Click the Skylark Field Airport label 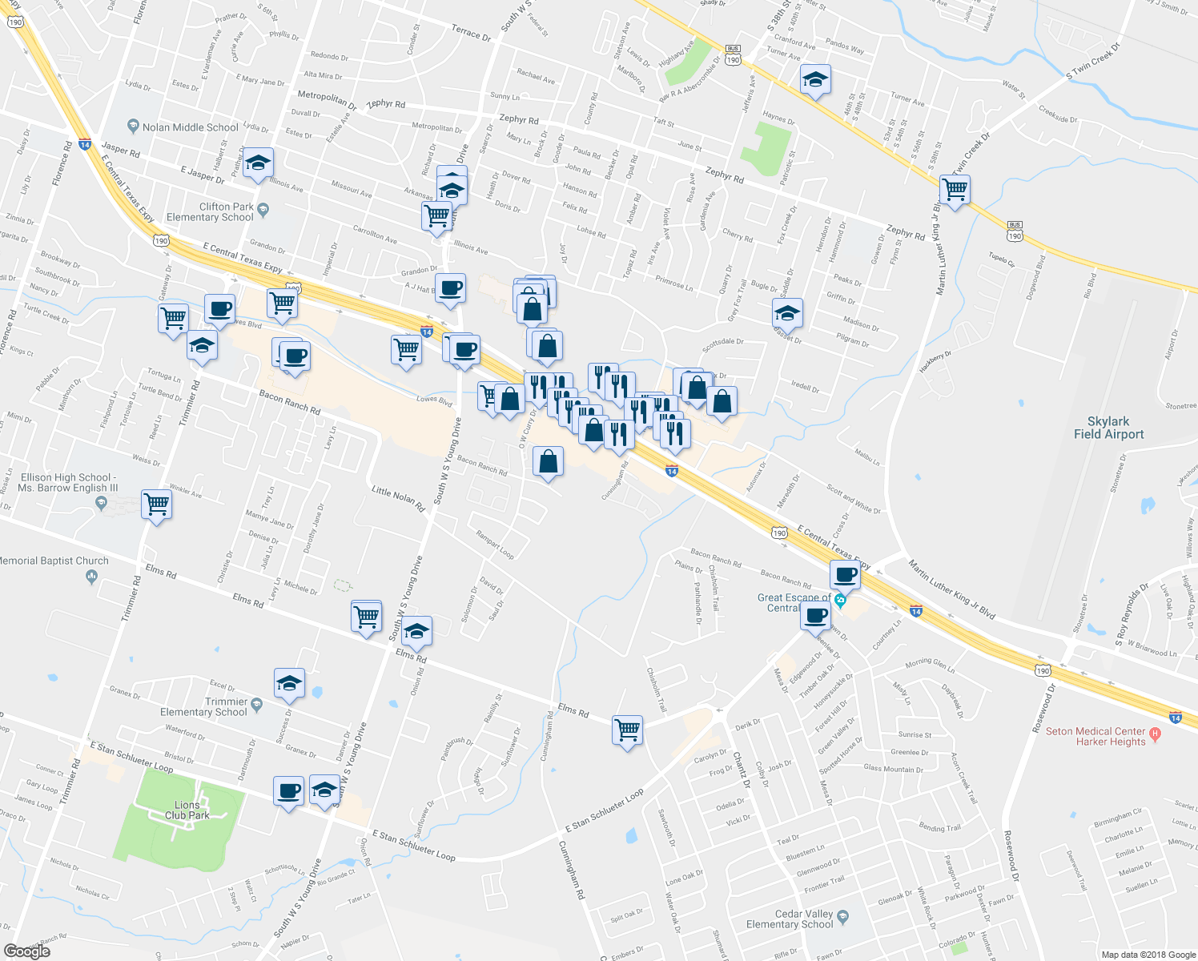click(1108, 428)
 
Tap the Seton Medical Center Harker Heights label click(1095, 737)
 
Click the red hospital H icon click(1154, 733)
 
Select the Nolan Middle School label click(190, 127)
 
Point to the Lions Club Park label click(187, 810)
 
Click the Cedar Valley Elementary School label click(790, 919)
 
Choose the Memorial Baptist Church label click(54, 561)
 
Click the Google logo click(26, 951)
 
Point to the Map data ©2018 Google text click(1148, 955)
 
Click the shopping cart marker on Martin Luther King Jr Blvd click(955, 191)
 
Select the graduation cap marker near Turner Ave click(815, 79)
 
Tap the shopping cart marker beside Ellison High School click(156, 505)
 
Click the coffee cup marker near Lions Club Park click(288, 791)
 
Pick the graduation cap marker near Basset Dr click(787, 313)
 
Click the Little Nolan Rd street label click(398, 497)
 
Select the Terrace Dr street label click(471, 33)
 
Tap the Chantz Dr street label click(741, 770)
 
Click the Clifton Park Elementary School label click(210, 212)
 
